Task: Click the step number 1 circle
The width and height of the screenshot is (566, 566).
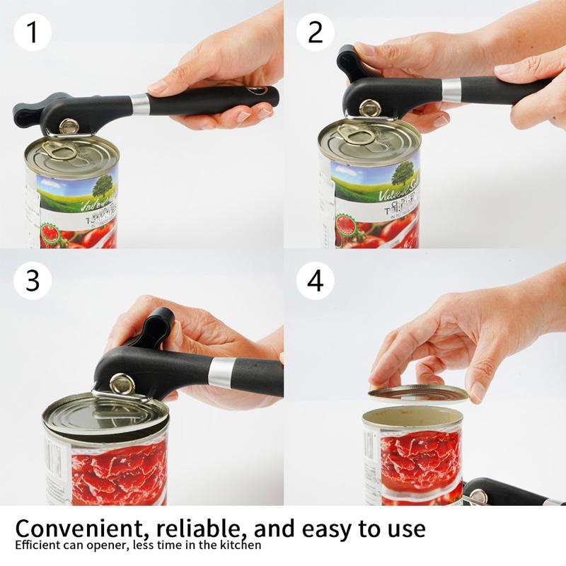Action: [33, 33]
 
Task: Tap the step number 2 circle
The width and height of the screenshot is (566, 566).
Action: [316, 33]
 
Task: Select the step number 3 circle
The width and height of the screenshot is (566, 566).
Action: [33, 280]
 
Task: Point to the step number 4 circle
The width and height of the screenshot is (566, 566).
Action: [316, 280]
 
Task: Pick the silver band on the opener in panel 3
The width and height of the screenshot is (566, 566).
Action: [221, 372]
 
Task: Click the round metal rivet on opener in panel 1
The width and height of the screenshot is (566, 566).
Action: [69, 126]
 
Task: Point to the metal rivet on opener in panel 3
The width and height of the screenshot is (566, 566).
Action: [122, 384]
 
